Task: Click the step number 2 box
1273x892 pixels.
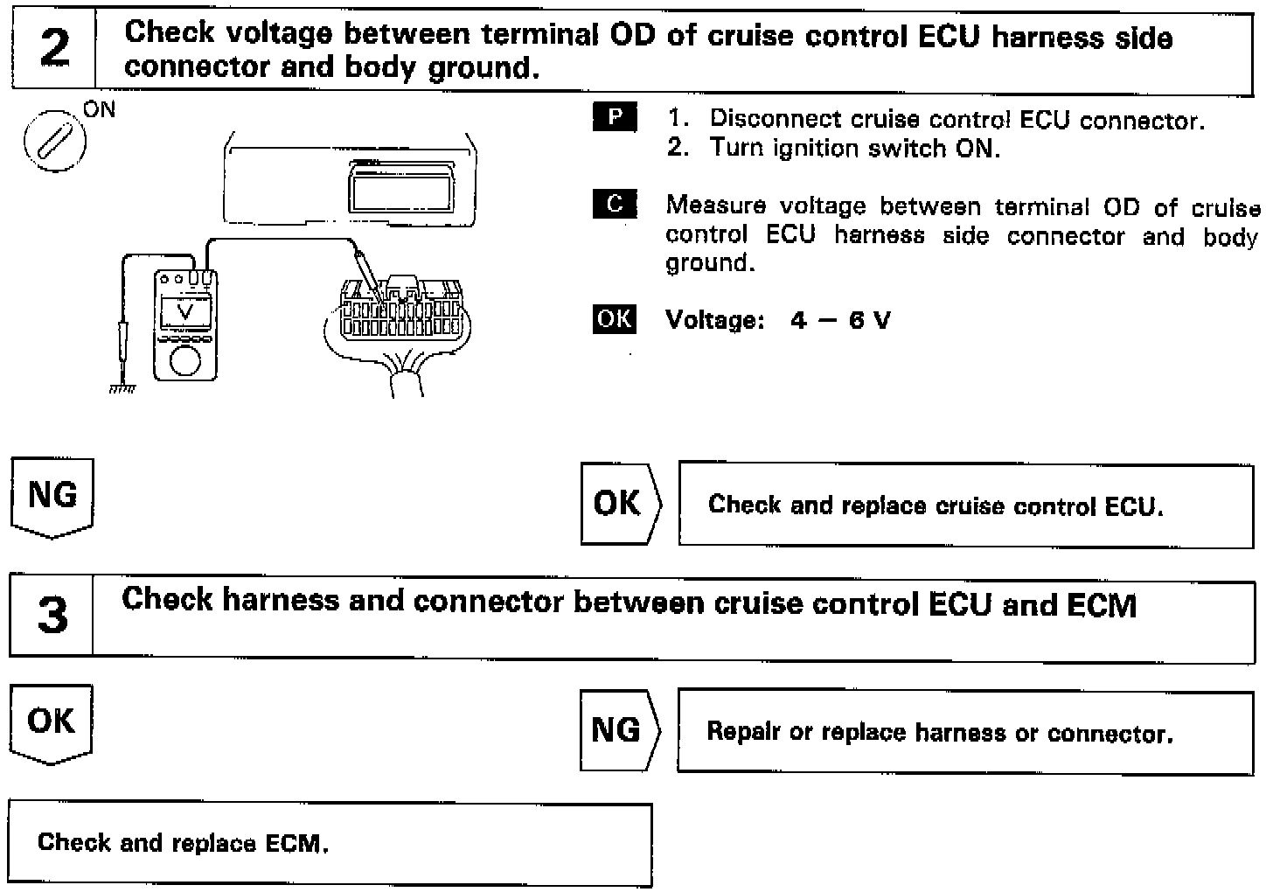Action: coord(53,48)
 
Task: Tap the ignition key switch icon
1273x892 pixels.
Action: coord(54,139)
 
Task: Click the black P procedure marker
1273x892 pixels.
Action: coord(614,117)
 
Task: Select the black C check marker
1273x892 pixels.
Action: coord(614,204)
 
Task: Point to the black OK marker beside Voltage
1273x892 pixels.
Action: coord(614,318)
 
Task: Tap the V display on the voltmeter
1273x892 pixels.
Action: coord(184,312)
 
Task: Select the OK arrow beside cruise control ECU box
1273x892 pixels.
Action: coord(619,504)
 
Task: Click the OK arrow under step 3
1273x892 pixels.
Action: coord(52,724)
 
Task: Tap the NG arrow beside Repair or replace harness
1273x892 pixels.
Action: coord(618,730)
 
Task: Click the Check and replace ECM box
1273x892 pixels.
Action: coord(330,843)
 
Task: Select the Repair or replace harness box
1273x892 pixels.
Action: coord(964,732)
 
